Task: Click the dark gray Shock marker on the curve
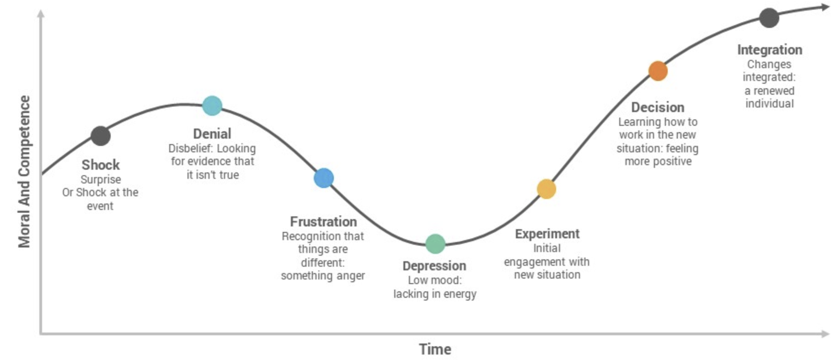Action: (101, 136)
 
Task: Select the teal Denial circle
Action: (212, 106)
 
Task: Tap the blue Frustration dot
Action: (324, 178)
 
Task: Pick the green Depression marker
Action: (435, 244)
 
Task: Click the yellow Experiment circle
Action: (547, 189)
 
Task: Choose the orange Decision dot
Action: (658, 71)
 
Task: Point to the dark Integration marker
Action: (769, 18)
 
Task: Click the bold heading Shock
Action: (101, 165)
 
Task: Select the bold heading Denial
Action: (212, 134)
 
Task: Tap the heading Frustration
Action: (323, 221)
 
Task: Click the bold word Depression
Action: (434, 266)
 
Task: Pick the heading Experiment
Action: (547, 234)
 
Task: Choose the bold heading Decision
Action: (658, 107)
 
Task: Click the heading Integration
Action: (770, 49)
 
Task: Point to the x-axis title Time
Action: (435, 349)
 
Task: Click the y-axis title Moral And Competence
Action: (24, 172)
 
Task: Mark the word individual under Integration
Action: (770, 103)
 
